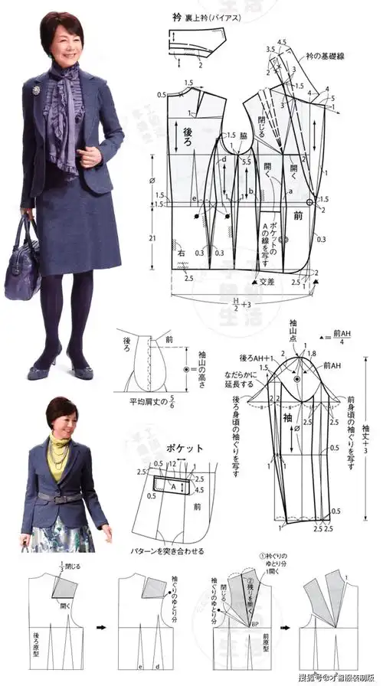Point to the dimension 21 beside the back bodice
(152, 239)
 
